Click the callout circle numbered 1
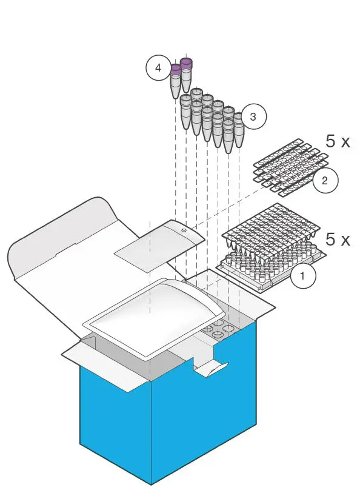[x=303, y=278]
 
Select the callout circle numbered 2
[x=325, y=180]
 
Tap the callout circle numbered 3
[x=253, y=117]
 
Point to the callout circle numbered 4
[x=158, y=68]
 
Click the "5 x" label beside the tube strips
[x=338, y=142]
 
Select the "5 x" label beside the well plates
[x=338, y=238]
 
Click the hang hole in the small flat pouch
[x=182, y=230]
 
